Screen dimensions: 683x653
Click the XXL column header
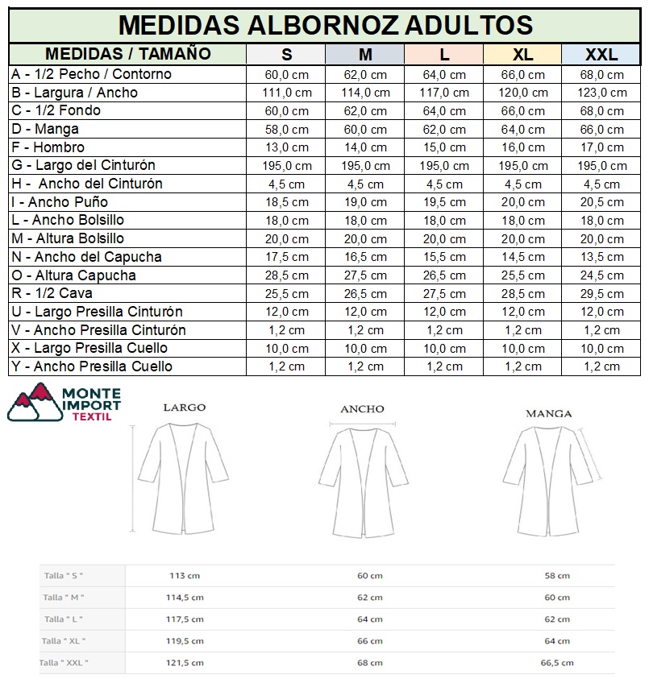tap(601, 55)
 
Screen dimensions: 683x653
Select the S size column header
tap(287, 55)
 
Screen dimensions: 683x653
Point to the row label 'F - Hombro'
tap(48, 147)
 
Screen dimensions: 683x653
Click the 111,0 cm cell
tap(287, 93)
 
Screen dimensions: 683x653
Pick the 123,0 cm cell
tap(601, 93)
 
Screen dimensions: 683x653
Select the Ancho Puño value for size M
tap(366, 202)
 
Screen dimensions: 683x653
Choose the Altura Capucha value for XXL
tap(601, 275)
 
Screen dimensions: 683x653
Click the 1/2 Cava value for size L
tap(443, 293)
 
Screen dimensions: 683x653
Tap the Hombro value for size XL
tap(522, 147)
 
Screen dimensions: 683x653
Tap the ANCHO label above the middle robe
tap(362, 409)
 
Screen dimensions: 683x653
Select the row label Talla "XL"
tap(64, 641)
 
